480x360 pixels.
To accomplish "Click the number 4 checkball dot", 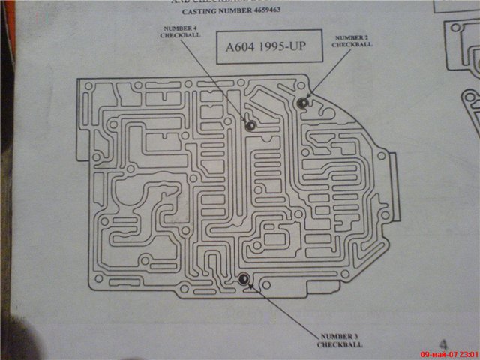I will tap(250, 124).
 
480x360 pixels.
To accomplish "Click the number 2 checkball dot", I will tap(302, 103).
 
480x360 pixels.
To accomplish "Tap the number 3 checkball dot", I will tap(243, 280).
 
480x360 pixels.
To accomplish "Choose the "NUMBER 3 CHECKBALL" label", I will tap(339, 340).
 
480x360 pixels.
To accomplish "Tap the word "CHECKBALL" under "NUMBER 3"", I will tap(339, 344).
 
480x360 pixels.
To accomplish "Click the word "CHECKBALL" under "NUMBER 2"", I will tap(352, 44).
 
